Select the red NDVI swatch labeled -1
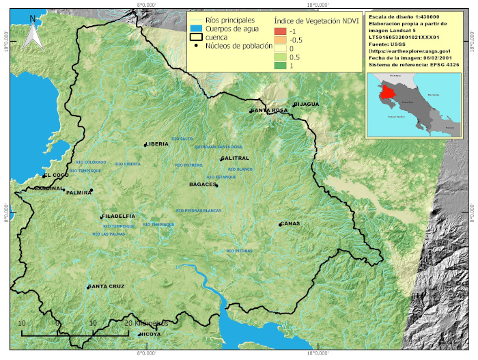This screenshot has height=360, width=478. pyautogui.click(x=280, y=32)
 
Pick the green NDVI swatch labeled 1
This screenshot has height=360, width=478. pyautogui.click(x=280, y=66)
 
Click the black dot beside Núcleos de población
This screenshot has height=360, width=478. pyautogui.click(x=197, y=46)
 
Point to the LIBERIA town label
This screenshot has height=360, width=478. pyautogui.click(x=157, y=144)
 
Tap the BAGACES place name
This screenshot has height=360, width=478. pyautogui.click(x=202, y=184)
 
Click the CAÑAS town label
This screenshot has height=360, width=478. pyautogui.click(x=290, y=223)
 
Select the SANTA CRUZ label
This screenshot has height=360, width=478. pyautogui.click(x=107, y=286)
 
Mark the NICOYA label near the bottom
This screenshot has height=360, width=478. pyautogui.click(x=150, y=335)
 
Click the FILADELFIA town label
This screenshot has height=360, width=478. pyautogui.click(x=118, y=216)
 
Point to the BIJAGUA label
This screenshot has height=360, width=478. pyautogui.click(x=306, y=105)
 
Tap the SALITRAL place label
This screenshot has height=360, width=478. pyautogui.click(x=236, y=158)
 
